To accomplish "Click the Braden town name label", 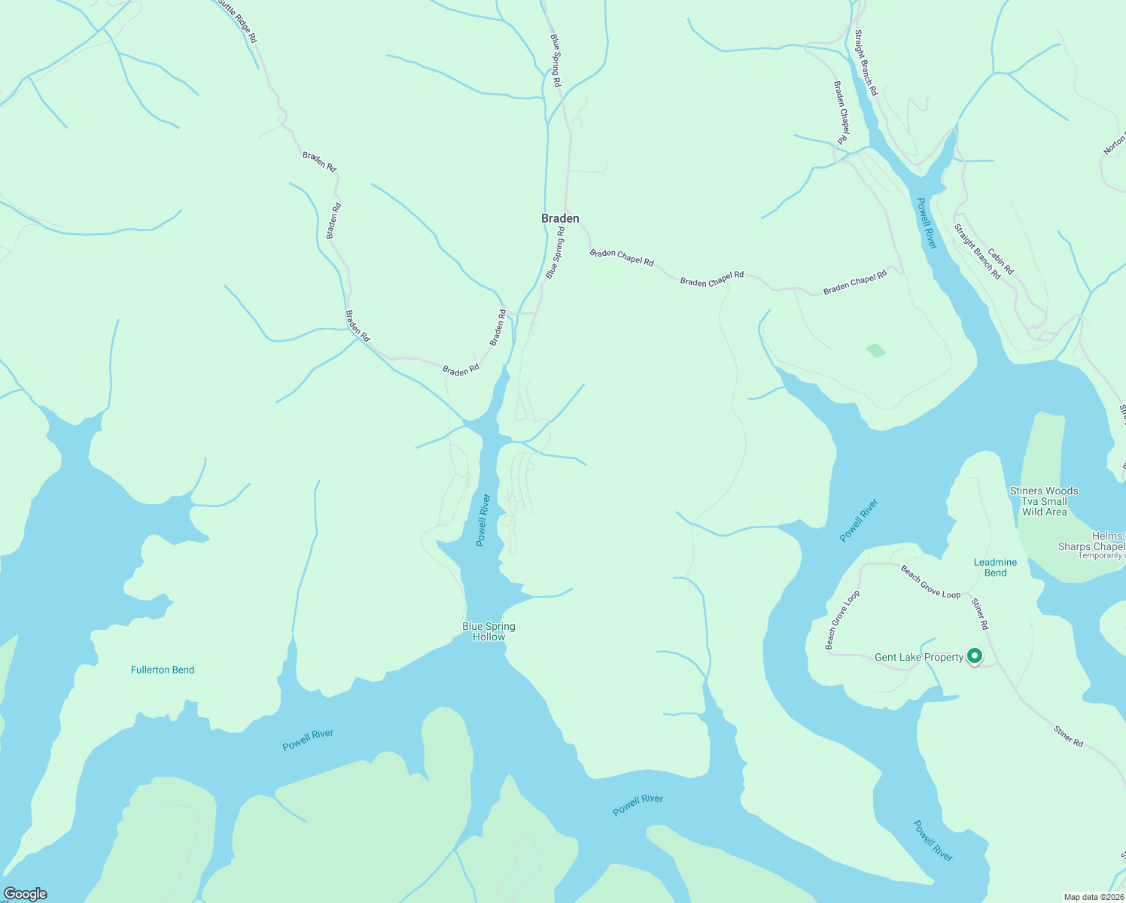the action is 560,218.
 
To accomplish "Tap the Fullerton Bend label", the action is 163,670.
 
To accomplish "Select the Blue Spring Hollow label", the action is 488,631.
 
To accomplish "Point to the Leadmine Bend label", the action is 995,567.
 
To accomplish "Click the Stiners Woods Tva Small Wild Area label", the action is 1044,501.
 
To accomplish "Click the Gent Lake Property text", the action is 918,657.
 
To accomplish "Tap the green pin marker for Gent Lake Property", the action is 975,656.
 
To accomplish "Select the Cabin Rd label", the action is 1001,261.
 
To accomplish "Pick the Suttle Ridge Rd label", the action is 238,21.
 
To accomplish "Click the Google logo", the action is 25,894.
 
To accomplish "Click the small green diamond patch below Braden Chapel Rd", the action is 876,351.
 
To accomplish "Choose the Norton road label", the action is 1115,143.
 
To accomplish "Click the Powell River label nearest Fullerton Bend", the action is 307,740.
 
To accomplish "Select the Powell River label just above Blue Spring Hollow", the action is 483,519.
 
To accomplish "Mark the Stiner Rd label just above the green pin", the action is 979,614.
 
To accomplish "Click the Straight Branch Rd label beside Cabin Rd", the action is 977,251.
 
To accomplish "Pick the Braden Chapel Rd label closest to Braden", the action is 622,257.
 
